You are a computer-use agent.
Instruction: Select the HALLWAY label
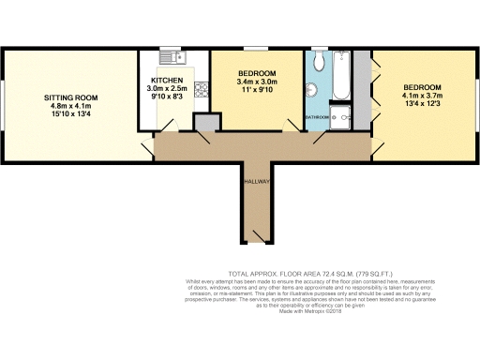(x=257, y=180)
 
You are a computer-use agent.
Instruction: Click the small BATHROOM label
(x=317, y=117)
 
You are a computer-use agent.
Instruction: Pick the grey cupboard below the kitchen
(x=205, y=123)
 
